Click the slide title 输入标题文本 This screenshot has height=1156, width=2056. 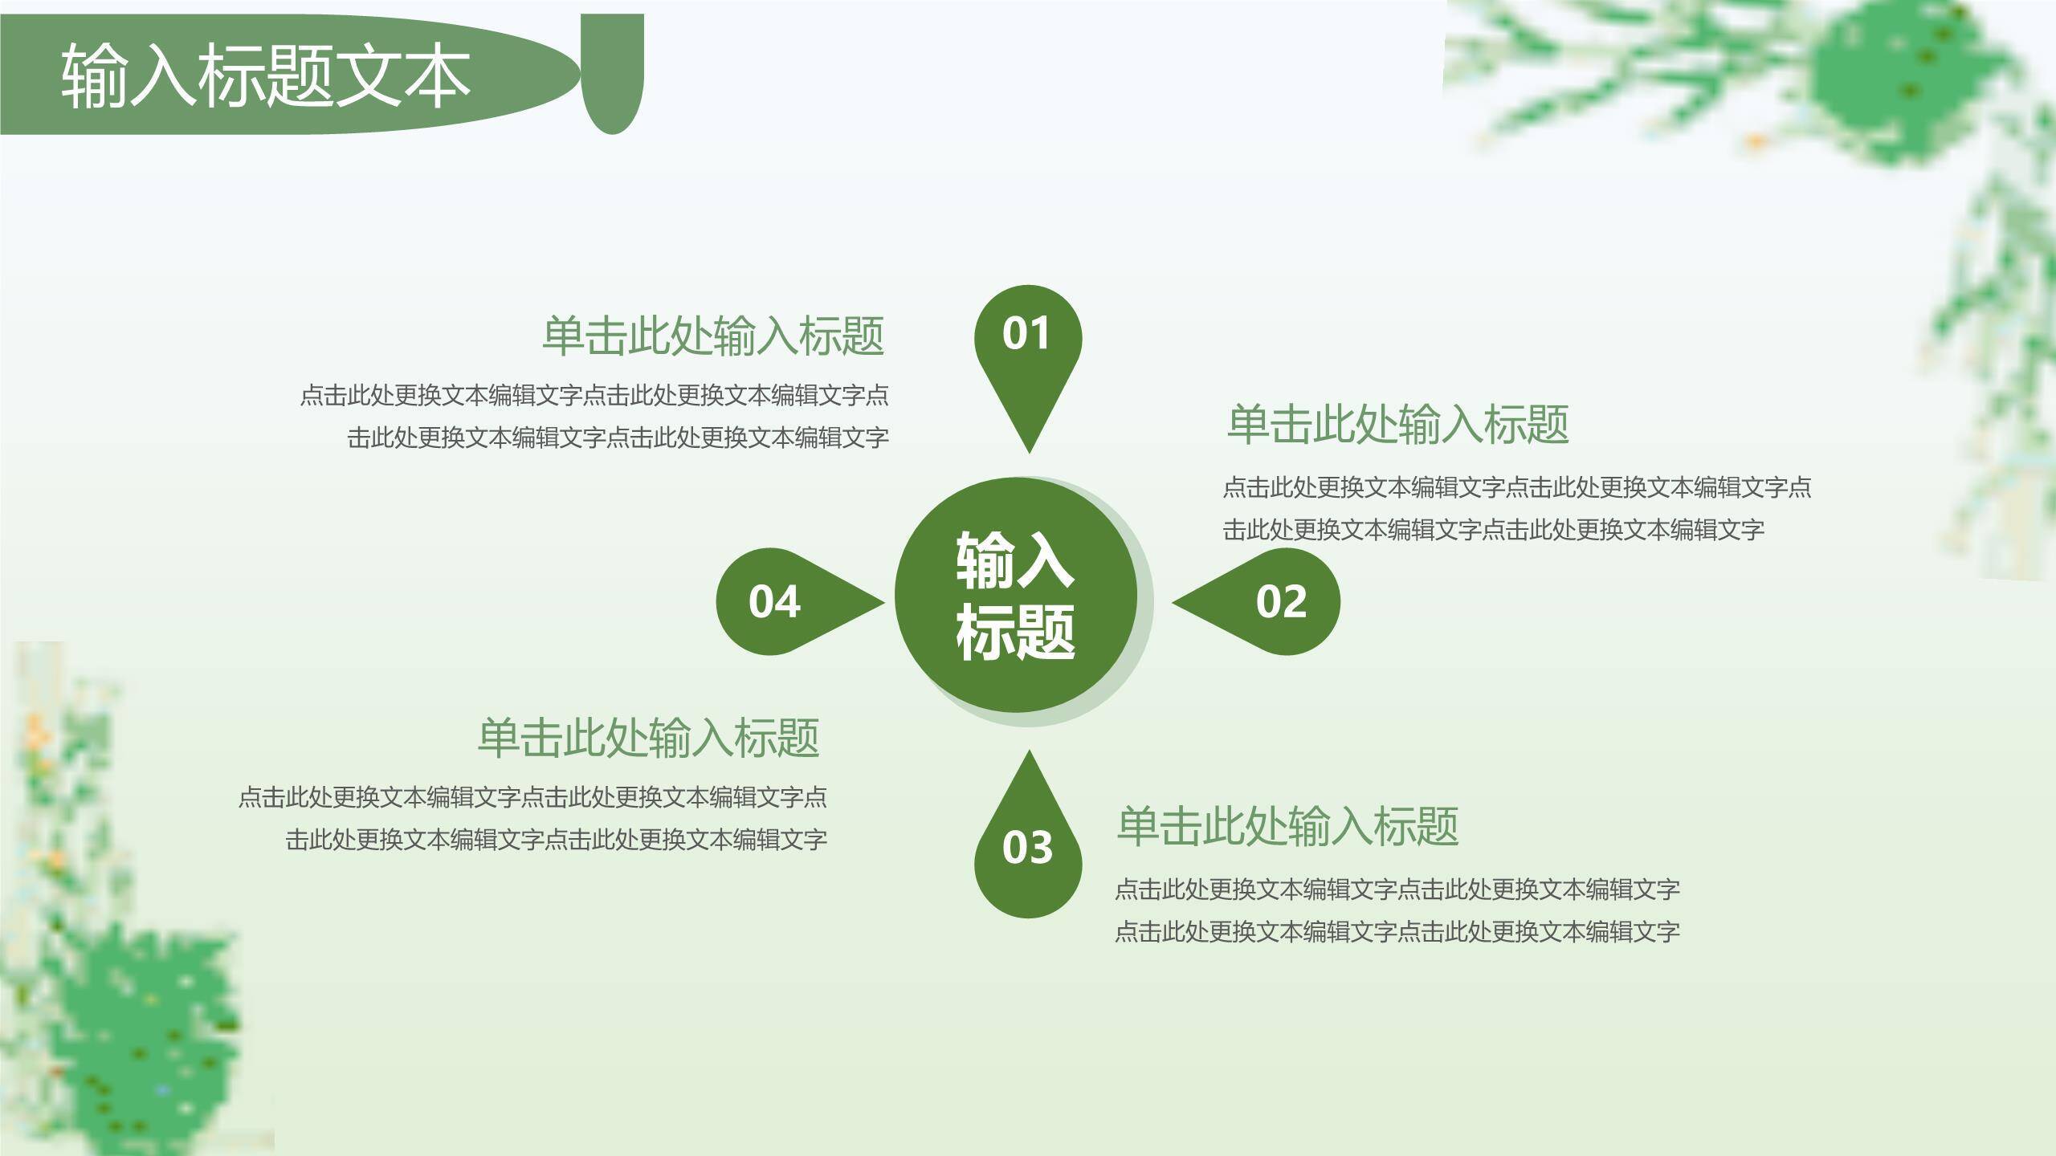pos(265,76)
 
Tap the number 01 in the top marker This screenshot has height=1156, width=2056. pos(1026,333)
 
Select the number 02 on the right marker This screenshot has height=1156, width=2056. pos(1281,601)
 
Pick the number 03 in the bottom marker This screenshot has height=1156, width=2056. pos(1027,848)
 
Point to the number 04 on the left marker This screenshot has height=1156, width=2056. pos(774,601)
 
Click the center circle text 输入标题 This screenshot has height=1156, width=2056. pos(1015,596)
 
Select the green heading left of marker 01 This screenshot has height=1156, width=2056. pos(713,336)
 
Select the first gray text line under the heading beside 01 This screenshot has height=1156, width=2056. pos(594,395)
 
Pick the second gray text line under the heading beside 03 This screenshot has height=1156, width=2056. pos(1397,931)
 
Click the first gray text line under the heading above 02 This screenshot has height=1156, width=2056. pos(1516,486)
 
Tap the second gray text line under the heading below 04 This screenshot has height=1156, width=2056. pos(556,840)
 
